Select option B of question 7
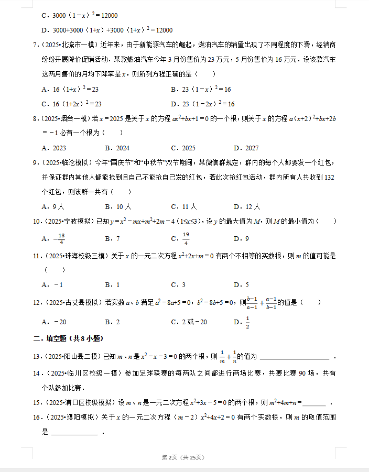pos(201,90)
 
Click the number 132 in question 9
pos(329,178)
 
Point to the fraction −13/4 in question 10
pos(60,239)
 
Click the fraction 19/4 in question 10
pos(186,239)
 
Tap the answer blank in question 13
pos(295,357)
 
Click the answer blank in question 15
pos(314,403)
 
